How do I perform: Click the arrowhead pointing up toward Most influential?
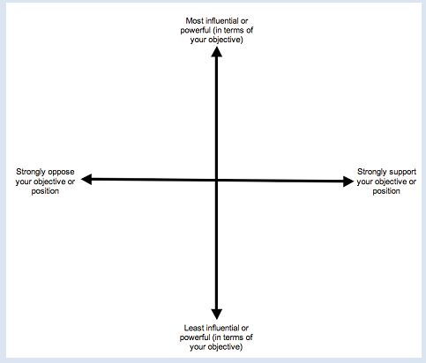(x=217, y=52)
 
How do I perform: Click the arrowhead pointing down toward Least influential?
(x=217, y=315)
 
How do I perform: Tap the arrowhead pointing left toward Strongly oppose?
(x=86, y=179)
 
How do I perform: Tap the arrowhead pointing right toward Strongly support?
(x=348, y=181)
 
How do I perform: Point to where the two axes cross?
(x=217, y=180)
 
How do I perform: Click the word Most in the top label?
(x=195, y=21)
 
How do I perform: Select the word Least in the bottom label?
(x=194, y=328)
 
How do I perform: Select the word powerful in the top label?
(x=196, y=30)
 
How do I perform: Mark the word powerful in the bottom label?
(x=195, y=337)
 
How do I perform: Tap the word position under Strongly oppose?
(x=45, y=191)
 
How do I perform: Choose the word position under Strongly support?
(x=386, y=191)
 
